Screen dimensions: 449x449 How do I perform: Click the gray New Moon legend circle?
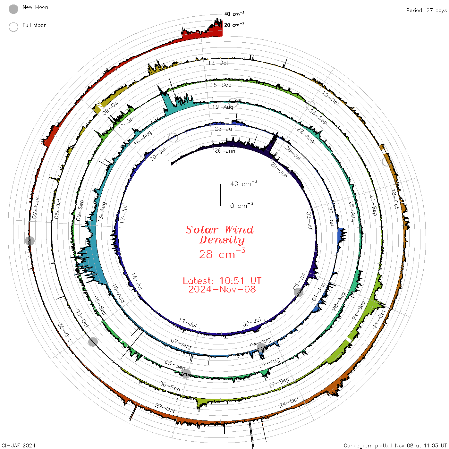click(x=13, y=9)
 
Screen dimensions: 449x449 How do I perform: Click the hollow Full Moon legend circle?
click(x=13, y=27)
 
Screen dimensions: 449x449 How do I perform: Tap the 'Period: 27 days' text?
click(x=427, y=11)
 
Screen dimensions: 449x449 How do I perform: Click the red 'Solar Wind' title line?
click(x=219, y=230)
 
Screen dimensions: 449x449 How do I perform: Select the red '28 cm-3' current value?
click(x=222, y=253)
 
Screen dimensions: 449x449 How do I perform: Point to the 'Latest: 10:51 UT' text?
click(x=222, y=281)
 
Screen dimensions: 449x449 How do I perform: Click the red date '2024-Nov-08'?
click(x=222, y=289)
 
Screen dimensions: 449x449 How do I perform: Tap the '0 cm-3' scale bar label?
click(x=241, y=205)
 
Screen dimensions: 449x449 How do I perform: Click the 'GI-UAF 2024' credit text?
click(x=18, y=445)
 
